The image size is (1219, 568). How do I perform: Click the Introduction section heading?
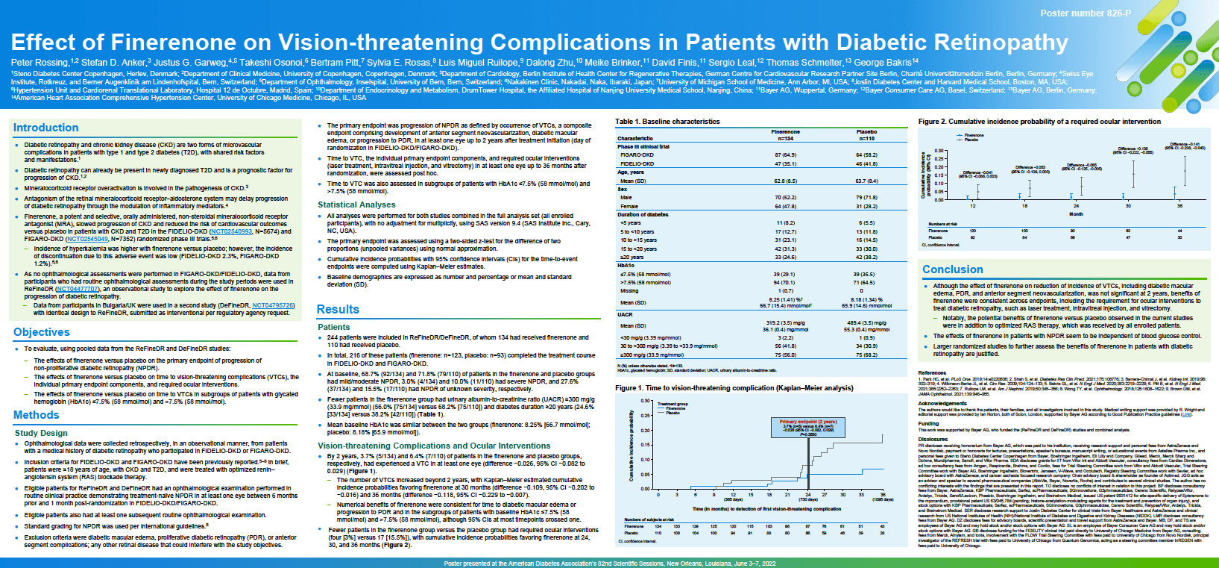coord(45,128)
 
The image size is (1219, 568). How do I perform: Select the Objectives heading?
coord(41,332)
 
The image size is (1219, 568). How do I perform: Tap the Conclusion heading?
coord(952,269)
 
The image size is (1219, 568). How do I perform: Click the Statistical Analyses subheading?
coord(356,205)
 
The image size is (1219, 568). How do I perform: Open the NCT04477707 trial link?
coord(78,289)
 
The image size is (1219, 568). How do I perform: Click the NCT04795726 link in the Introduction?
coord(273,305)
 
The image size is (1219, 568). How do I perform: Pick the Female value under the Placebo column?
coord(866,206)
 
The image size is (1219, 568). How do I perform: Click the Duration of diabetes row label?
coord(643,214)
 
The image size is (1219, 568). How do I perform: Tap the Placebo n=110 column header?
coord(866,135)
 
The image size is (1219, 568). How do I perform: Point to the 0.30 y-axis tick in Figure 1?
coord(646,401)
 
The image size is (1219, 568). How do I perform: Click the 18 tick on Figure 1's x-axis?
coord(769,495)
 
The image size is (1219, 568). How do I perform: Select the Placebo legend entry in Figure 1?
coord(673,413)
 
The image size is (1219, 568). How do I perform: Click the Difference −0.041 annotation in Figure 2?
coord(977,174)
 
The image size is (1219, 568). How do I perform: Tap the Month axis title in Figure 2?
coord(1076,214)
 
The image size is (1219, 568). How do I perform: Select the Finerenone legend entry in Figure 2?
coord(974,135)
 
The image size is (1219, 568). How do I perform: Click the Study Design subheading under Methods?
coord(41,433)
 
